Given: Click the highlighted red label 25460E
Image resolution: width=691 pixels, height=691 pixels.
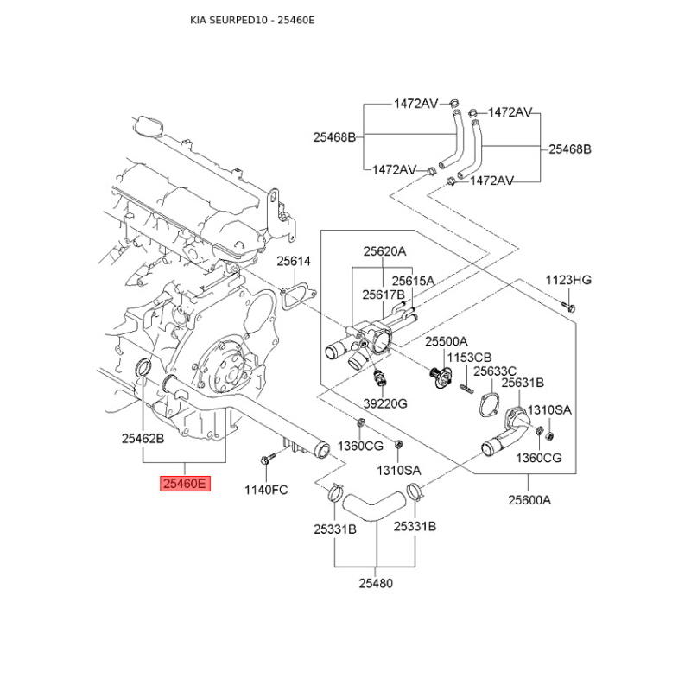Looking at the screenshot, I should coord(183,484).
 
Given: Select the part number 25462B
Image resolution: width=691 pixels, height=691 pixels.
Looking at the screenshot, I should coord(143,439).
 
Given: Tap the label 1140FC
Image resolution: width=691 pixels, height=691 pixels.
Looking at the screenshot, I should coord(266,490).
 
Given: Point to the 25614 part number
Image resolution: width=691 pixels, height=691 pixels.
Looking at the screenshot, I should coord(294,261).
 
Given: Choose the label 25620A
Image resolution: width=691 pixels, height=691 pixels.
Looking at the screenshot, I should coord(384,252).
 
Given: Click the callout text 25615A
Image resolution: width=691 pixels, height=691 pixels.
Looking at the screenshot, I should coord(414,281).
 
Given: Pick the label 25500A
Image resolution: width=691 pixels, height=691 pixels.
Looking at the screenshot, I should coord(446,342).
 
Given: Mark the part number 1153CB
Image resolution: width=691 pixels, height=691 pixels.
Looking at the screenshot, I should coord(470,357).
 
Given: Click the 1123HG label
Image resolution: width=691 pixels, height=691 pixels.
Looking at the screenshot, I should coord(568,279).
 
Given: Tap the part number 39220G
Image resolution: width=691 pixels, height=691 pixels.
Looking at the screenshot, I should coord(385,403).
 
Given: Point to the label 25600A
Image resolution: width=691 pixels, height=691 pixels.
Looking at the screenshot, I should coord(529,499).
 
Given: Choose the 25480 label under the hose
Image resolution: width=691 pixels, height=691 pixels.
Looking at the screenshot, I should coord(376,583).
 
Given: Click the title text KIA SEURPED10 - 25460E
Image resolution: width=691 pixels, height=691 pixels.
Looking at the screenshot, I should coord(252,19).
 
